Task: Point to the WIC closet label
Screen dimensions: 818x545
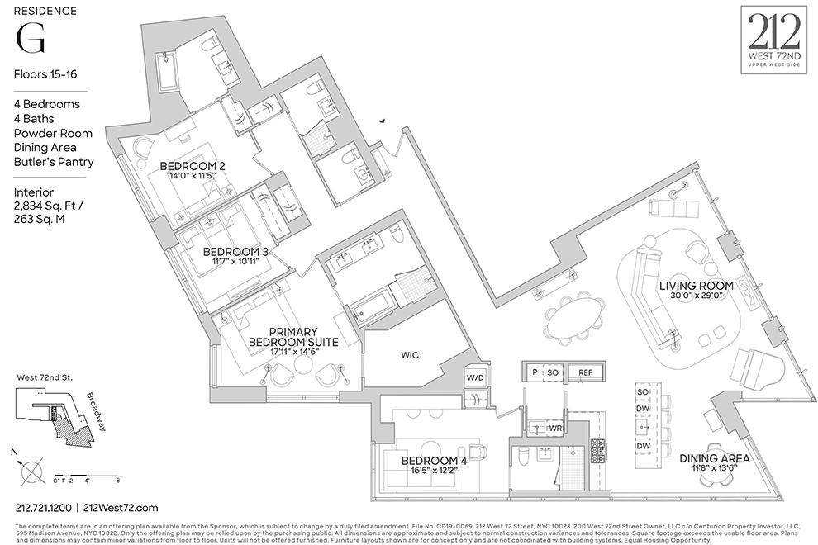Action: (x=410, y=355)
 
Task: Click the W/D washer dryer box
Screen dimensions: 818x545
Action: (x=476, y=378)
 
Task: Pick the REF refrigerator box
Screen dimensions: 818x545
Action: (x=585, y=373)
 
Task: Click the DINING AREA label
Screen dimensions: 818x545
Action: (x=714, y=458)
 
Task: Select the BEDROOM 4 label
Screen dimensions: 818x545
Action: (x=434, y=461)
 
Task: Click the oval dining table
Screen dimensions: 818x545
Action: (x=576, y=316)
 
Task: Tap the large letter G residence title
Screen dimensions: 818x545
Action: (x=31, y=37)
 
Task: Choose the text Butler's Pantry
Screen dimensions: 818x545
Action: (x=53, y=162)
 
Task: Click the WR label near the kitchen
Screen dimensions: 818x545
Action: (x=555, y=429)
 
